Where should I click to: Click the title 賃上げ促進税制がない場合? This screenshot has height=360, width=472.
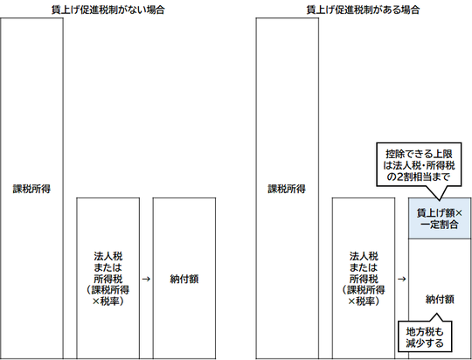coord(108,10)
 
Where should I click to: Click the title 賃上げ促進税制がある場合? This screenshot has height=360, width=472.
coord(363,10)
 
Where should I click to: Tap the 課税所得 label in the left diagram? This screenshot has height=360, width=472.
coord(31,189)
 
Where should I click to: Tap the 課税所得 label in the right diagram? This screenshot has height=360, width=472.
coord(287,189)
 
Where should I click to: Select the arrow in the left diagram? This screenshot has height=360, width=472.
coord(146,279)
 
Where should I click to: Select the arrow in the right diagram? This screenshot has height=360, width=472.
coord(401,279)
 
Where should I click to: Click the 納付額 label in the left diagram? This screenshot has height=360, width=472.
coord(184,280)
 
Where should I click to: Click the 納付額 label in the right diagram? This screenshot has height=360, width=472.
coord(440,300)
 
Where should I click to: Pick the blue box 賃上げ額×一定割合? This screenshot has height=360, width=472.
coord(440,218)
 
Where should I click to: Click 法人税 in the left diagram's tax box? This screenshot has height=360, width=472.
coord(108,256)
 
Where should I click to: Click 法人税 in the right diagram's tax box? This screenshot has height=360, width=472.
coord(364,256)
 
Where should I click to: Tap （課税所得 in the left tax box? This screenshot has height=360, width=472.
coord(108,290)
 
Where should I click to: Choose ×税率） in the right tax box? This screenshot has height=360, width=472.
coord(364,301)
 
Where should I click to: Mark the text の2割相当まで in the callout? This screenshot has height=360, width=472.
coord(419,177)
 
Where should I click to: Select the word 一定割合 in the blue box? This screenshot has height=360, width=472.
coord(440,225)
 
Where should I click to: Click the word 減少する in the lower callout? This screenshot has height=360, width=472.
coord(425,343)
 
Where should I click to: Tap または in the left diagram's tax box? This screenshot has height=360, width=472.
coord(108,267)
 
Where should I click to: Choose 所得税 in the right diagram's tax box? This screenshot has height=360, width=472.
coord(364,279)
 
